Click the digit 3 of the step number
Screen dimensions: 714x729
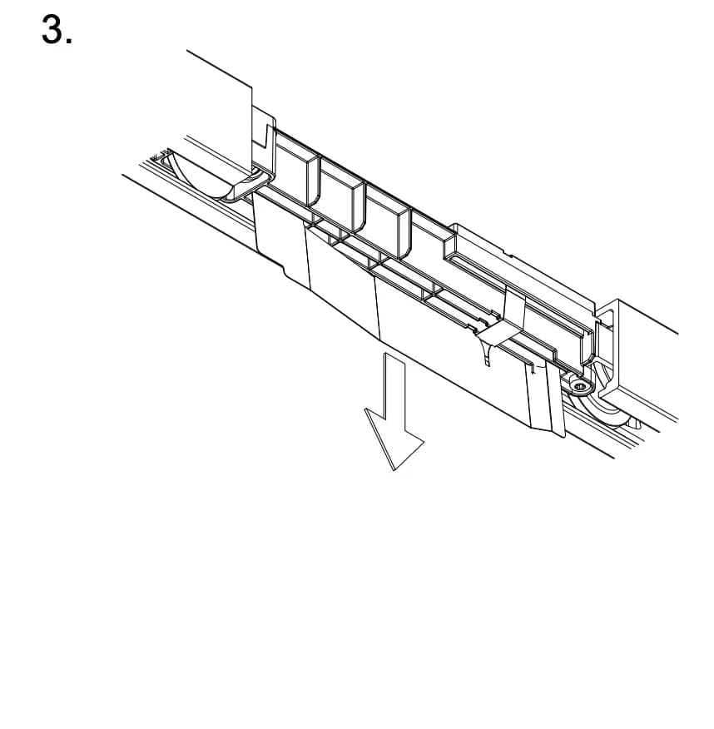pyautogui.click(x=53, y=29)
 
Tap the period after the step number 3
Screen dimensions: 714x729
pyautogui.click(x=69, y=42)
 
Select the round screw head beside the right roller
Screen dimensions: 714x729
pyautogui.click(x=579, y=386)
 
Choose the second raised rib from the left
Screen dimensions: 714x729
pyautogui.click(x=342, y=196)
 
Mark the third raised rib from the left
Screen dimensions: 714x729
pyautogui.click(x=387, y=221)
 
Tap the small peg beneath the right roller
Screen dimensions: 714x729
pyautogui.click(x=635, y=423)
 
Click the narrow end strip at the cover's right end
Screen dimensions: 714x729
pyautogui.click(x=547, y=399)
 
